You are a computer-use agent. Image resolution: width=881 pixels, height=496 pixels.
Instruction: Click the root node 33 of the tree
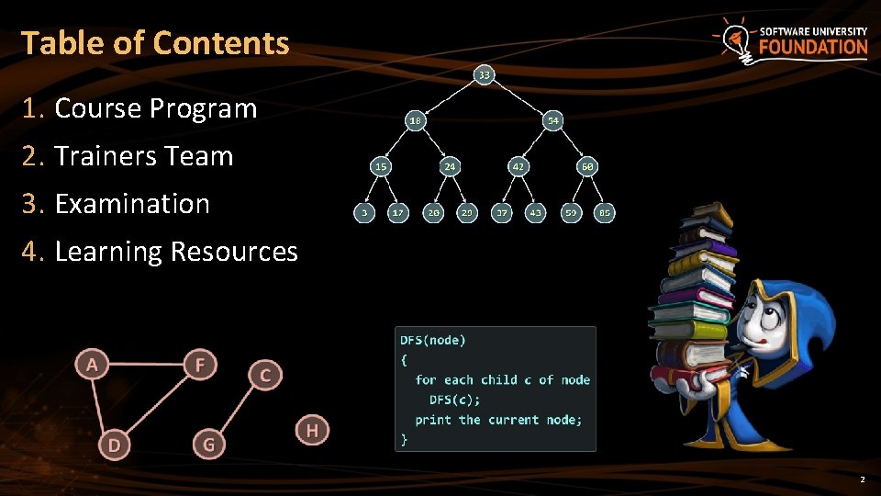tap(484, 73)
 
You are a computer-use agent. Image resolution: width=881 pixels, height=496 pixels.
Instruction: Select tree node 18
tap(416, 120)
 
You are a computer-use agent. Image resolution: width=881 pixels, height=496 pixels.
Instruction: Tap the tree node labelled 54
tap(553, 120)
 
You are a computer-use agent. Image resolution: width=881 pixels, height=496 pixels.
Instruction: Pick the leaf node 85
tap(604, 212)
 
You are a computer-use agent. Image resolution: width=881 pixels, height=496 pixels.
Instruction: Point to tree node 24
tap(450, 166)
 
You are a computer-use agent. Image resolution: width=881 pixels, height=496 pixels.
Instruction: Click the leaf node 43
tap(535, 212)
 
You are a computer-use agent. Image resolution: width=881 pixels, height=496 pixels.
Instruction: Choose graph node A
tap(92, 365)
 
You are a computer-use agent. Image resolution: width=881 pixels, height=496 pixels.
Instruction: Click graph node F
tap(200, 365)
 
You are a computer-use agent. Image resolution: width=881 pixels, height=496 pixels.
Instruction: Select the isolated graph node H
tap(312, 429)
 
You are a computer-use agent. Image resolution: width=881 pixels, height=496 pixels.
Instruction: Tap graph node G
tap(209, 445)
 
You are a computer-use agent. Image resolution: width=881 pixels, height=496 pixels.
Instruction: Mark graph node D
tap(114, 445)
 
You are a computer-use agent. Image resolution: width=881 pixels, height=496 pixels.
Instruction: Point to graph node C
tap(265, 375)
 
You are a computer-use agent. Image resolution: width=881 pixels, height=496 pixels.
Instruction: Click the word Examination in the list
tap(132, 204)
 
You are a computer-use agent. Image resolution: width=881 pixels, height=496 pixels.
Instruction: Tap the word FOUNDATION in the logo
tap(812, 47)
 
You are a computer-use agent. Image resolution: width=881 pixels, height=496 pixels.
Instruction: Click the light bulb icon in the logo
tap(733, 39)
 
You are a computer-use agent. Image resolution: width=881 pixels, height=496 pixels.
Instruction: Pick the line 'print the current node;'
tap(497, 420)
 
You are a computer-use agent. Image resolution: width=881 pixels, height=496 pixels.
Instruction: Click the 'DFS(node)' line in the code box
tap(432, 340)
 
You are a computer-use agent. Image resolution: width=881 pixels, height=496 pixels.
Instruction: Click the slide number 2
tap(862, 480)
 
